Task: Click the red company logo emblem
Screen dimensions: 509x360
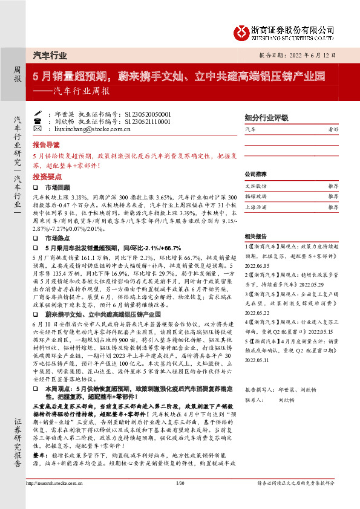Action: click(x=242, y=30)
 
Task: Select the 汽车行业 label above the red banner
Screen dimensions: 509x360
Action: click(x=49, y=55)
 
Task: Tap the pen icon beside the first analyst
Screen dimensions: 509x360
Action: click(x=38, y=113)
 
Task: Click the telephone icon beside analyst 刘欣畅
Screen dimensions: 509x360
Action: click(x=38, y=121)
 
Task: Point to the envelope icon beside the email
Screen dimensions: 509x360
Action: click(x=38, y=129)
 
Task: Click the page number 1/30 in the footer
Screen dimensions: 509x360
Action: click(x=180, y=499)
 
